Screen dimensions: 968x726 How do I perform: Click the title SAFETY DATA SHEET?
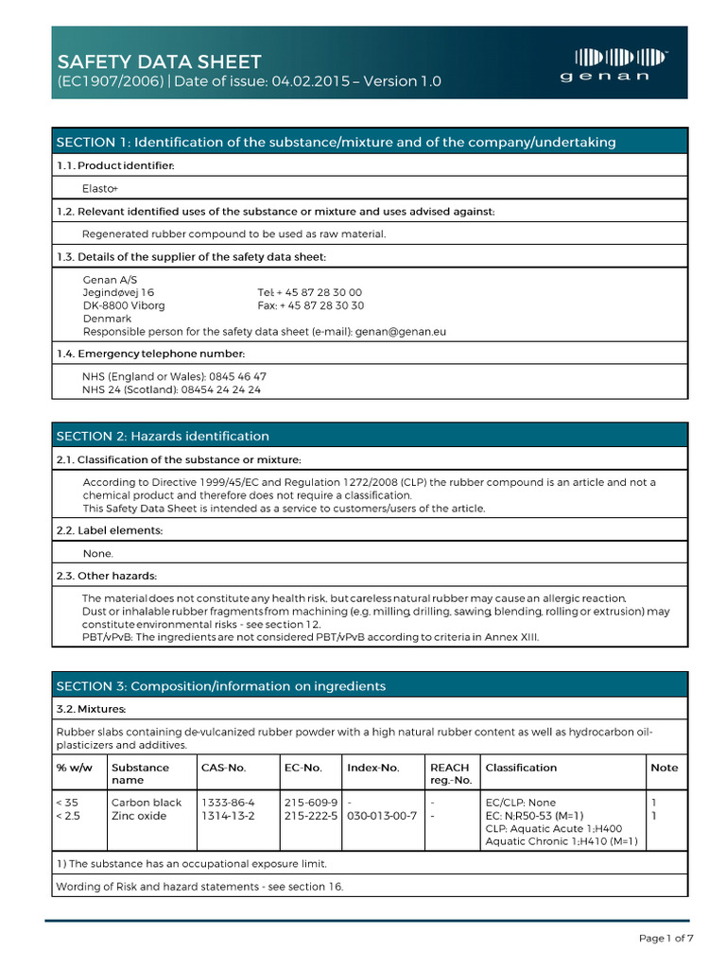159,61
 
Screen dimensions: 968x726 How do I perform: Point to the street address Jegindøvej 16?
118,293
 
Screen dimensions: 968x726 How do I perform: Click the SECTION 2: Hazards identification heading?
163,436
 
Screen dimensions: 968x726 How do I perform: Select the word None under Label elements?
98,554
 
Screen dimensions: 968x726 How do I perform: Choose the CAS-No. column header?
223,768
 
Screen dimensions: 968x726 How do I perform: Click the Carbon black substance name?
146,803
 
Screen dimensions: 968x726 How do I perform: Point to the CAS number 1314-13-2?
228,816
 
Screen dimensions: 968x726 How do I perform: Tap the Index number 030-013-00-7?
382,816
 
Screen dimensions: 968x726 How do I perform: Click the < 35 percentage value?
68,803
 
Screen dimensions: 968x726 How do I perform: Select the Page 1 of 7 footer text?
665,939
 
